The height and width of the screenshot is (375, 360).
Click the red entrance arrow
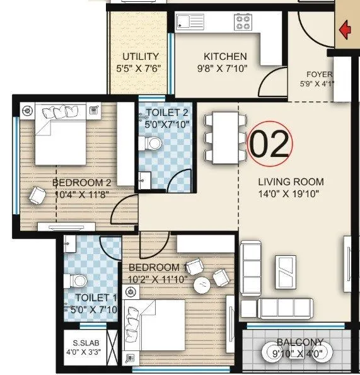[345, 30]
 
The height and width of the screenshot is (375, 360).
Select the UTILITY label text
[141, 56]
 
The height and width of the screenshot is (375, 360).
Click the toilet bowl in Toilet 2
[151, 144]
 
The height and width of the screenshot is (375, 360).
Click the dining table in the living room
[224, 137]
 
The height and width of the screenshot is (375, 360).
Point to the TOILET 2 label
[166, 113]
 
